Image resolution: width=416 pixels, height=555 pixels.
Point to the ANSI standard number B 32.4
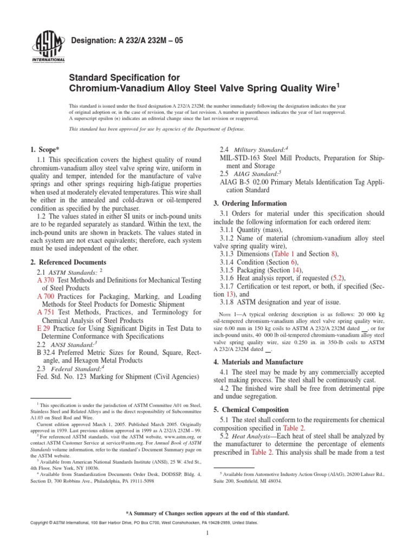click(45, 356)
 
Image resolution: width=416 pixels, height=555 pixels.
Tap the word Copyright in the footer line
click(45, 522)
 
